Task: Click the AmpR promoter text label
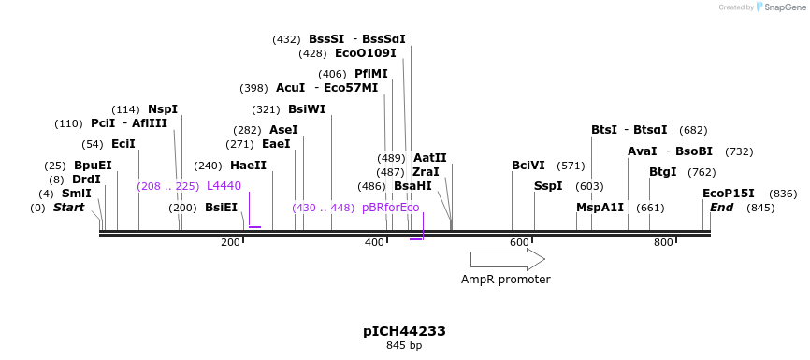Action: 505,279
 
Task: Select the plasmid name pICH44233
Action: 404,331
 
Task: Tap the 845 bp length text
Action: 404,346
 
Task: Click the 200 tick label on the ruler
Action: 230,243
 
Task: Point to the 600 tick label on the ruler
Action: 519,243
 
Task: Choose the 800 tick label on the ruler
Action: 663,243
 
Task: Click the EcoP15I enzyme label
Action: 728,194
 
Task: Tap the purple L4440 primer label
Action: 224,186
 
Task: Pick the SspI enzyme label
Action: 548,186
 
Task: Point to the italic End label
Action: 721,208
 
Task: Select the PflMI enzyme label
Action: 370,74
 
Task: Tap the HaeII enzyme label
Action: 248,166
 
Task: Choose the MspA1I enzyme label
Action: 600,208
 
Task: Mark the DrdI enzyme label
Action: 86,180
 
